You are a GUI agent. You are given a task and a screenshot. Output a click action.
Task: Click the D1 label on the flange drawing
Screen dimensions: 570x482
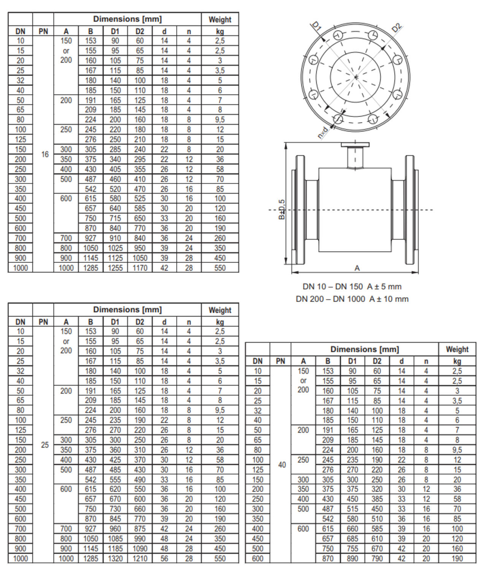tap(317, 26)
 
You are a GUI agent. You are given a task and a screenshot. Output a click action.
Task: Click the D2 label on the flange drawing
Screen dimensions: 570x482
tap(396, 27)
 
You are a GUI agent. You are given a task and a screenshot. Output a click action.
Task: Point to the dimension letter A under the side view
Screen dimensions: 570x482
tap(357, 268)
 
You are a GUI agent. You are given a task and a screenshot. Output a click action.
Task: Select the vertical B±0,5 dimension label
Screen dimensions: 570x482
tap(282, 209)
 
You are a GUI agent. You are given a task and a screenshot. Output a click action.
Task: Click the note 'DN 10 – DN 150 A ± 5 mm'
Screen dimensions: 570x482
tap(352, 287)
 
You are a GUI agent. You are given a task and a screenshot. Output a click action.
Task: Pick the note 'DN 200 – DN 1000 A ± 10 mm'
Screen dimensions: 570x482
tap(352, 299)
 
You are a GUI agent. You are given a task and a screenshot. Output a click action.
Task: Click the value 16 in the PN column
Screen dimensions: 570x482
tap(45, 154)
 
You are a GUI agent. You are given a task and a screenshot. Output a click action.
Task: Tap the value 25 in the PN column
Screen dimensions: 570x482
tap(45, 445)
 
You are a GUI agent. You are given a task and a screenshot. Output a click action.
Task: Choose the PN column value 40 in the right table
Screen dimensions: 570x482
tap(282, 465)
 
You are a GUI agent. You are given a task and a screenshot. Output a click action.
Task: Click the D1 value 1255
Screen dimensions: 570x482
tap(115, 268)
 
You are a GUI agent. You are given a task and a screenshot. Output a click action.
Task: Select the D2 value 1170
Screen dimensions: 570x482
tap(140, 268)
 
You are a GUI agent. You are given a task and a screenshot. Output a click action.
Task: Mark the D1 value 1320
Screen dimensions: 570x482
tap(115, 559)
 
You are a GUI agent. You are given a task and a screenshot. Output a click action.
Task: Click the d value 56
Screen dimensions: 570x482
tap(164, 559)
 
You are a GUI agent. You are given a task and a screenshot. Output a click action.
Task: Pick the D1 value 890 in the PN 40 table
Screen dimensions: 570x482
tap(352, 559)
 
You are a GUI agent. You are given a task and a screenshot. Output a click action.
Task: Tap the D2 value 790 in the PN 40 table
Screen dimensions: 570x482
tap(377, 559)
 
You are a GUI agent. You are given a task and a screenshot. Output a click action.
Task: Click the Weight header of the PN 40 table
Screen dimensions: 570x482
tap(457, 349)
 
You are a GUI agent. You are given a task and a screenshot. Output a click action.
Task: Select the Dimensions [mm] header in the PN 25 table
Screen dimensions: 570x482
tap(127, 310)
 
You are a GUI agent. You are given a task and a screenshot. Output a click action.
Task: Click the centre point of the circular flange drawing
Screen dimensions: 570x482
tap(356, 77)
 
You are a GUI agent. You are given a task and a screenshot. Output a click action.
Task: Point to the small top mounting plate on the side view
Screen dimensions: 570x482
tap(355, 144)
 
